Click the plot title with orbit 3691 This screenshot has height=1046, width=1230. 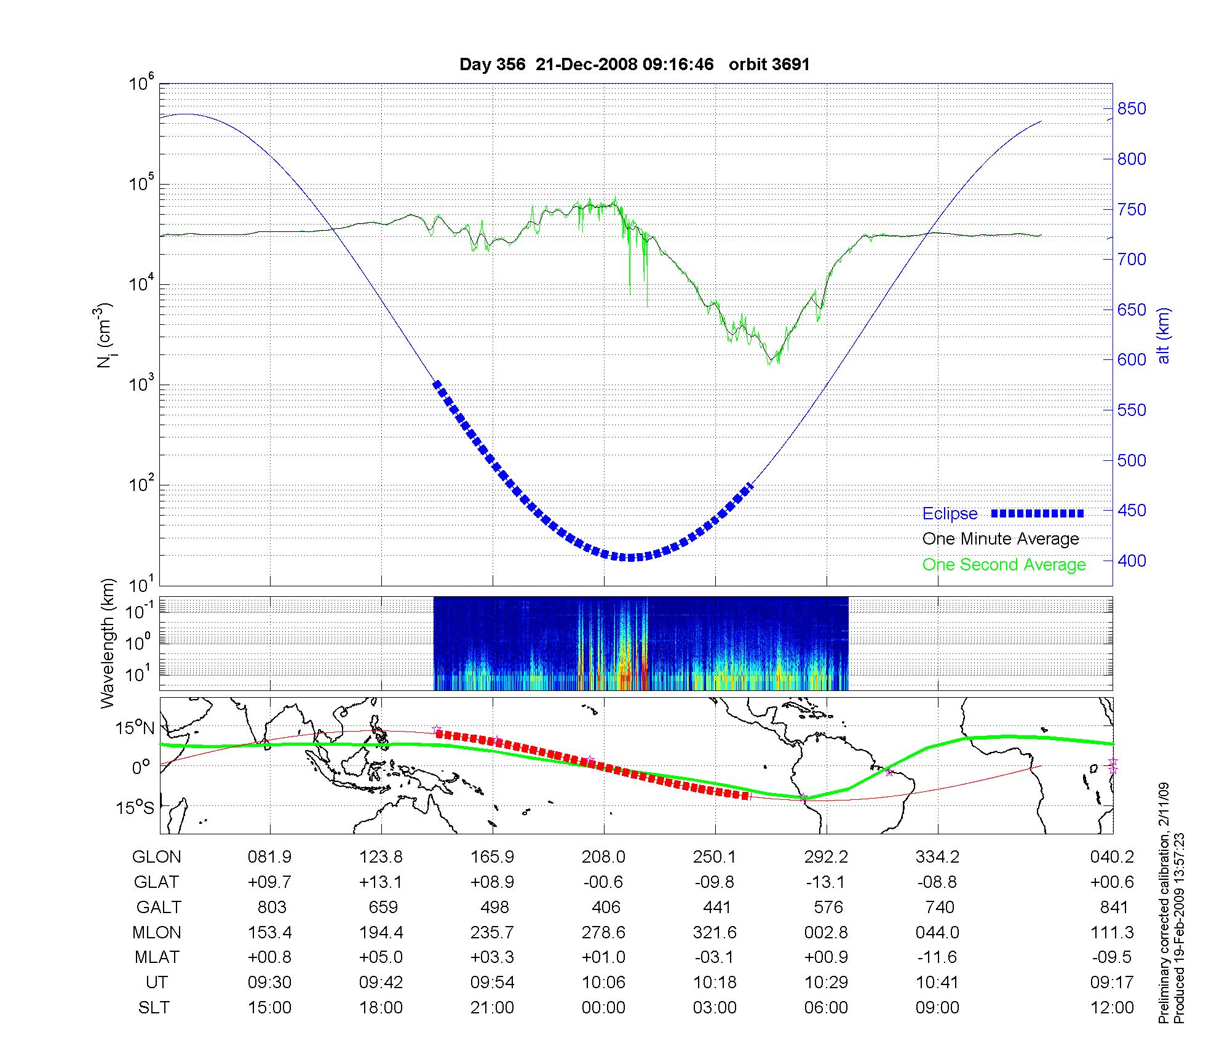634,65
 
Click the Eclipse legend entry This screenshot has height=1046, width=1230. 950,514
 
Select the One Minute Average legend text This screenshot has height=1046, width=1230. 1001,539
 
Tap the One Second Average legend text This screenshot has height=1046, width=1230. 1004,565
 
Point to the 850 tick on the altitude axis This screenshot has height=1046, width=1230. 1132,109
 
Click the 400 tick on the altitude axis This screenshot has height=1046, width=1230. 1132,561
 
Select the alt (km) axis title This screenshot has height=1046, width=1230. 1164,335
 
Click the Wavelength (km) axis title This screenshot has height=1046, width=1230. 108,643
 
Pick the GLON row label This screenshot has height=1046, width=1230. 157,857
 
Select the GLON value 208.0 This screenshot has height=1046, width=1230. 604,857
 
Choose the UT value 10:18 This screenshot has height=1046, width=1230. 715,983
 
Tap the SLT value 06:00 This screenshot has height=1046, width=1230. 826,1008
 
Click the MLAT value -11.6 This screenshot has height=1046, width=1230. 937,957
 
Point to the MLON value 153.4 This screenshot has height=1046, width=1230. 270,933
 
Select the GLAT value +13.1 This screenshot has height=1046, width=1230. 381,882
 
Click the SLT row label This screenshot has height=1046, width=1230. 154,1008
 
